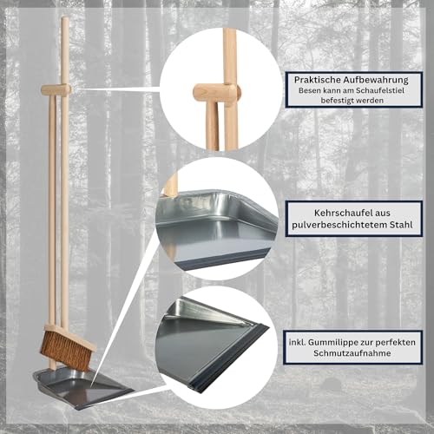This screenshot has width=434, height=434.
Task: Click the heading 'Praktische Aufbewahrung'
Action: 356,80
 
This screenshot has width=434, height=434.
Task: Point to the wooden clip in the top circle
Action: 214,90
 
